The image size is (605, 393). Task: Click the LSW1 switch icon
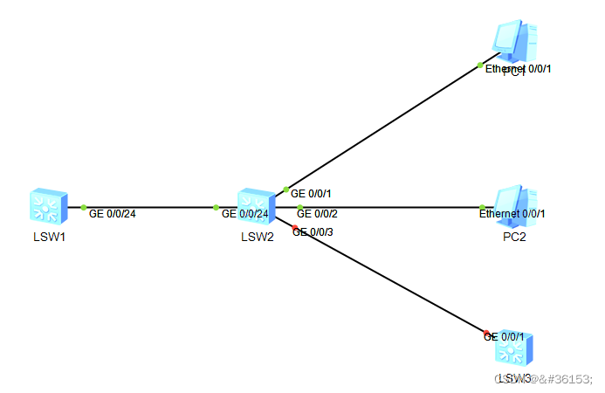click(45, 206)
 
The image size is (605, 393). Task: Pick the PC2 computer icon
click(512, 203)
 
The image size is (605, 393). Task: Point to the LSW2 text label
click(258, 236)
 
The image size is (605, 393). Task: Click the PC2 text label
click(514, 236)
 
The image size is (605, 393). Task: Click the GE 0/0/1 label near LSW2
click(311, 194)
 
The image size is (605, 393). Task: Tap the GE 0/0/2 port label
click(317, 213)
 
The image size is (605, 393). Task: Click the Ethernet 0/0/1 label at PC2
click(512, 213)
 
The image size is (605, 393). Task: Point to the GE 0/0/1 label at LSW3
click(505, 336)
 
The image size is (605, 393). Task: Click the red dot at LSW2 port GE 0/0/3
click(295, 229)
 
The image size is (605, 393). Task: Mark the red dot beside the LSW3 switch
click(486, 333)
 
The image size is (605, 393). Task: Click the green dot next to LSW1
click(84, 208)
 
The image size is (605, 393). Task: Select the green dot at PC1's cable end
click(480, 65)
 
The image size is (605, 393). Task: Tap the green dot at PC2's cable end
click(482, 207)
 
